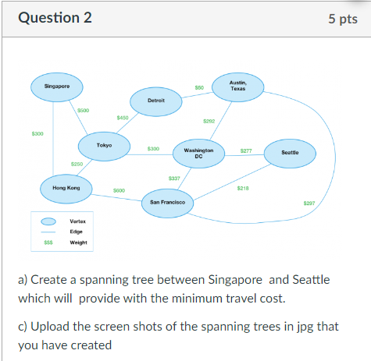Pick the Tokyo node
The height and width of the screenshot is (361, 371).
pyautogui.click(x=104, y=145)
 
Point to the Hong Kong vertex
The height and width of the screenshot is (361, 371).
pyautogui.click(x=66, y=188)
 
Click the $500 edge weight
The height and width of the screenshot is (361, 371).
pyautogui.click(x=84, y=110)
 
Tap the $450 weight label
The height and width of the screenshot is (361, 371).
pyautogui.click(x=122, y=117)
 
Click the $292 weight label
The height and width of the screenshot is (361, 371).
pyautogui.click(x=209, y=121)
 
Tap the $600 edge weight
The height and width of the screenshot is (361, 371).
pyautogui.click(x=120, y=190)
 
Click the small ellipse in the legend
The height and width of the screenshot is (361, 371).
pyautogui.click(x=48, y=221)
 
